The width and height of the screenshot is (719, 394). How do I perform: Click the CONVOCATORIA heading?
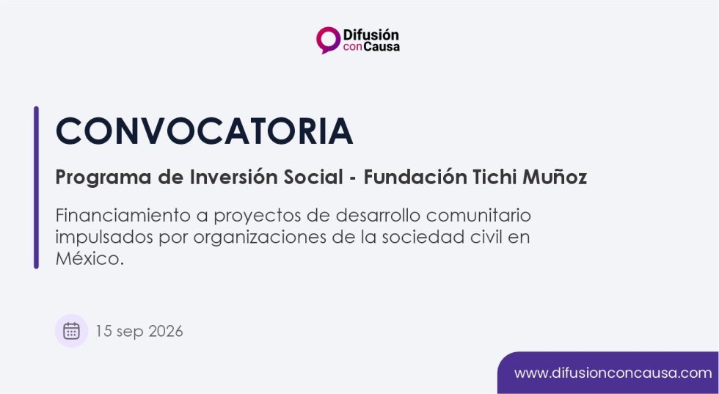204,131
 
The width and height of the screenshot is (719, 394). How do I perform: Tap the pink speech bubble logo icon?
328,40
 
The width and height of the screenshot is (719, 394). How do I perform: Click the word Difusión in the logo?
371,35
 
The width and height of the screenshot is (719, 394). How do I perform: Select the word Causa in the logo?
382,47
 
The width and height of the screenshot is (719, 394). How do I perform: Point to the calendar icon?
72,331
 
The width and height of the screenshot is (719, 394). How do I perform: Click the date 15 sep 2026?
139,331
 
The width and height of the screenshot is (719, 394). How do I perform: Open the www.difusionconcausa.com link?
613,373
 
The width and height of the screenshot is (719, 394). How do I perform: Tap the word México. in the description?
90,259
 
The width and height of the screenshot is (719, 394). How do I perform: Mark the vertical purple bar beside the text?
36,187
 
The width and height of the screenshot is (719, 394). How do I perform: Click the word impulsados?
104,238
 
